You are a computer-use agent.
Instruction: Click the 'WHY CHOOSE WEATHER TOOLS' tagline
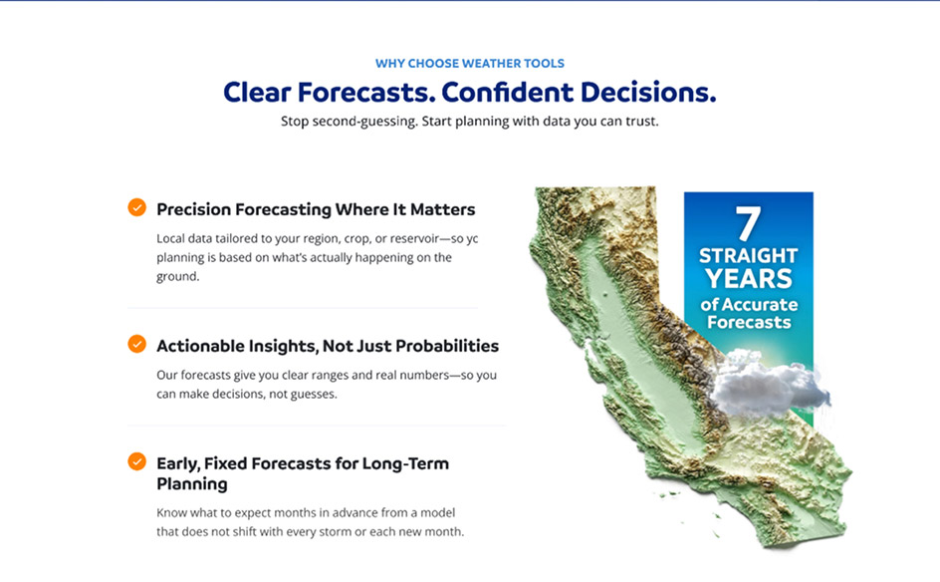pyautogui.click(x=470, y=63)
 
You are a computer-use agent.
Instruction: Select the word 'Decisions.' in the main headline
pyautogui.click(x=648, y=92)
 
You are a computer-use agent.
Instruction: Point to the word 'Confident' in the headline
pyautogui.click(x=508, y=92)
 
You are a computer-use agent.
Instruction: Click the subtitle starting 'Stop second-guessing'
pyautogui.click(x=470, y=122)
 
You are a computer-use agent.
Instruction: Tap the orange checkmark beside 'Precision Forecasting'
pyautogui.click(x=136, y=207)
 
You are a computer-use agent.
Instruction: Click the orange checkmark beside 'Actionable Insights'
pyautogui.click(x=136, y=344)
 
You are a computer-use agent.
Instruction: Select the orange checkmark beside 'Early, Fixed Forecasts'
pyautogui.click(x=136, y=461)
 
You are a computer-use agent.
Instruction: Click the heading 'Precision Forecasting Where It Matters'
pyautogui.click(x=316, y=209)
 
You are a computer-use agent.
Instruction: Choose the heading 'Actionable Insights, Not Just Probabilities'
pyautogui.click(x=328, y=346)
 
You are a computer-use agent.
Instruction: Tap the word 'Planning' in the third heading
pyautogui.click(x=192, y=484)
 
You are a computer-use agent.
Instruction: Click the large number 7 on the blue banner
pyautogui.click(x=748, y=224)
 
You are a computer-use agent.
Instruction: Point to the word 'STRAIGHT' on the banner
pyautogui.click(x=748, y=255)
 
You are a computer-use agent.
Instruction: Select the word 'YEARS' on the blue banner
pyautogui.click(x=748, y=279)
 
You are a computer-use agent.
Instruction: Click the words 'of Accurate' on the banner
pyautogui.click(x=749, y=305)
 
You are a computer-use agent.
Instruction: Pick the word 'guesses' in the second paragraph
pyautogui.click(x=314, y=395)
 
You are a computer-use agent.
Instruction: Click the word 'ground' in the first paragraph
pyautogui.click(x=177, y=277)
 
